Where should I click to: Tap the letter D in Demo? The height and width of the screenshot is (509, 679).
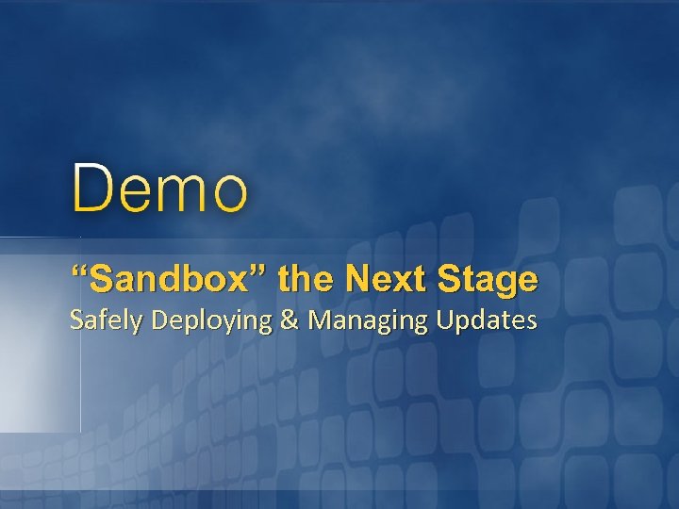click(x=91, y=188)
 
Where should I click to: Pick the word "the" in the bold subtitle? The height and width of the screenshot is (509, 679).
click(x=307, y=279)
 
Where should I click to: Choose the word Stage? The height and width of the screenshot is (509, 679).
click(x=488, y=281)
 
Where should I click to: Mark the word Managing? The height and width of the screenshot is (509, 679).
click(x=367, y=322)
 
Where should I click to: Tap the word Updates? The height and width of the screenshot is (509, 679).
click(x=487, y=321)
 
